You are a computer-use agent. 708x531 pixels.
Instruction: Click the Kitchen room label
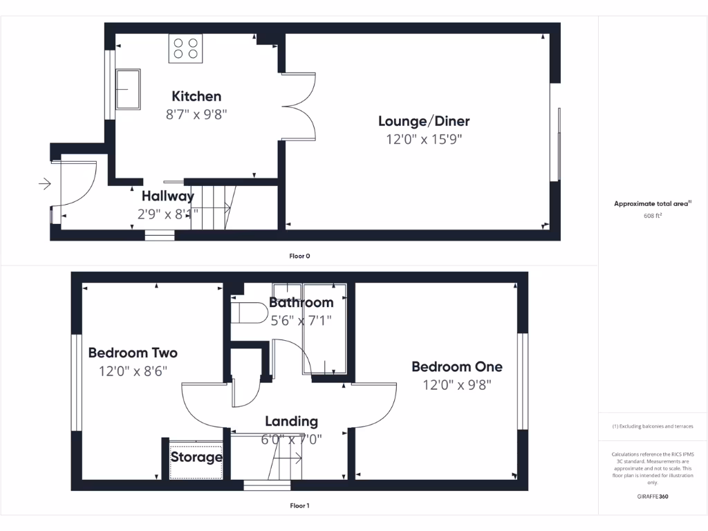(196, 96)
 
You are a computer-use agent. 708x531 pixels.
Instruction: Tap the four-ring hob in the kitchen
(185, 48)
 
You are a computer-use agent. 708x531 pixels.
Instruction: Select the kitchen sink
(127, 88)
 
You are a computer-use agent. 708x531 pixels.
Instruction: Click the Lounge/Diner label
(423, 122)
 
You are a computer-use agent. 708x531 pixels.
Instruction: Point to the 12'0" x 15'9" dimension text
(423, 140)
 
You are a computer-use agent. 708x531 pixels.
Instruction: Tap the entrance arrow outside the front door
(45, 184)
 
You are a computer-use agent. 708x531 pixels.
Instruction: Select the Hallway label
(168, 196)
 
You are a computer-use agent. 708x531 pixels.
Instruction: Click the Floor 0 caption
(299, 256)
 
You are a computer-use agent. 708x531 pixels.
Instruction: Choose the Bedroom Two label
(133, 353)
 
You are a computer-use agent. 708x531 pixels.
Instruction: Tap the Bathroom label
(301, 303)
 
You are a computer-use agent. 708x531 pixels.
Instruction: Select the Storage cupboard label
(196, 457)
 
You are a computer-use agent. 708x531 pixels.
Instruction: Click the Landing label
(292, 421)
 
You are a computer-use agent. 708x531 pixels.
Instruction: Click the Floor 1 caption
(299, 506)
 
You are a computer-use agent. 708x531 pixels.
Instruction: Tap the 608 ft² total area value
(653, 215)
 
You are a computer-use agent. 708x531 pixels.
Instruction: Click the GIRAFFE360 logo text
(653, 496)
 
